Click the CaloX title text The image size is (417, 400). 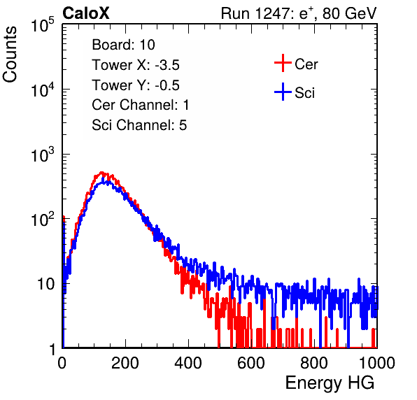coord(86,13)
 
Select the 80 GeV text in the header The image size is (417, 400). coord(349,13)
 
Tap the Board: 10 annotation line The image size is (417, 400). coord(123,45)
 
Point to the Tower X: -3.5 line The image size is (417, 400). coord(136,65)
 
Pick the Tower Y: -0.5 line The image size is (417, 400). coord(136,85)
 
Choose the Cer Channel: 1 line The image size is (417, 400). coord(141,105)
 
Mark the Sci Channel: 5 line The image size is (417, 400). coord(139,125)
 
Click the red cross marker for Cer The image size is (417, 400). coord(283,63)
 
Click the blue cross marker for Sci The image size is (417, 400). coord(283,92)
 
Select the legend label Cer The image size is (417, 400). coord(306,64)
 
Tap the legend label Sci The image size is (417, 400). coord(305,93)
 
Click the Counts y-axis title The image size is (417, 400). coord(10,55)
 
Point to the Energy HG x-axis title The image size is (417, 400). coord(330,383)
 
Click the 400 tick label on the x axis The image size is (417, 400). coord(188,363)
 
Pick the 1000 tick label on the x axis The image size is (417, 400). coord(377,363)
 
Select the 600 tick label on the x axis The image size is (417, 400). coord(251,363)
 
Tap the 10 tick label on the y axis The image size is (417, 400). coord(45,284)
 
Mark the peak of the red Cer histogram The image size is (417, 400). coord(101,173)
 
